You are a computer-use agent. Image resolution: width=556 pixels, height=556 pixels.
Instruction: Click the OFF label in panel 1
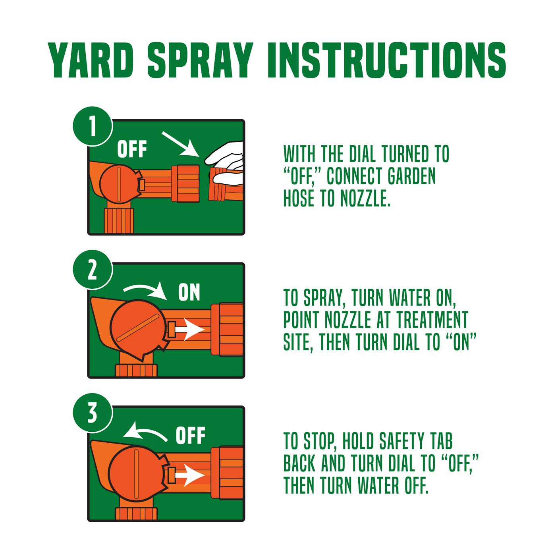132,150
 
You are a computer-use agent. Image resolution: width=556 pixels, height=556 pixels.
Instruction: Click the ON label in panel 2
189,292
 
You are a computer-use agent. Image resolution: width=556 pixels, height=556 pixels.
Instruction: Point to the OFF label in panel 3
190,436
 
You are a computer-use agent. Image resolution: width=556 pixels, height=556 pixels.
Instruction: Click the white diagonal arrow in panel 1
179,144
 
